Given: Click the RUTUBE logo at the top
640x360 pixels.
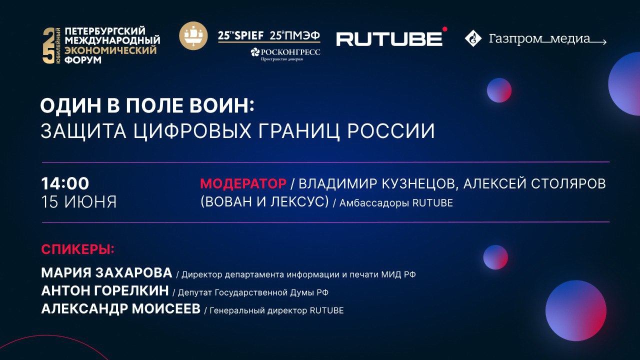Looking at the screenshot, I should click(x=389, y=38).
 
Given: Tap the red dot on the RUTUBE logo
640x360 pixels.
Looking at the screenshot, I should click(x=444, y=29).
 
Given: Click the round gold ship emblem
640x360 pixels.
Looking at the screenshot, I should click(x=193, y=36).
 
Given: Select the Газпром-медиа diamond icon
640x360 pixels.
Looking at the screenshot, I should click(x=472, y=38).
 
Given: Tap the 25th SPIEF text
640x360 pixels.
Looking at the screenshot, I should click(x=241, y=36).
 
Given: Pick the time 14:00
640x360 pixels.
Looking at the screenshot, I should click(x=65, y=183).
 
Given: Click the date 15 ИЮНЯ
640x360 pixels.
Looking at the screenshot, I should click(x=78, y=201).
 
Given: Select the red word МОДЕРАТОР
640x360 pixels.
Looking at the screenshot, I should click(x=243, y=183).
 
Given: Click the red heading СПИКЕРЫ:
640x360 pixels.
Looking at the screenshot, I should click(x=77, y=249).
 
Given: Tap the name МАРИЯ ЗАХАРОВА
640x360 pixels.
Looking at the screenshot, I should click(x=106, y=273).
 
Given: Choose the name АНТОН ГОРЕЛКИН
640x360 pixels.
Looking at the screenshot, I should click(x=104, y=291).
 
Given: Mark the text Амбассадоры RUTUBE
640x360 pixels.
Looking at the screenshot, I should click(x=396, y=203).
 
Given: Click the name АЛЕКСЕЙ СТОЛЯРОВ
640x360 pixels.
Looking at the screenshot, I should click(x=534, y=183).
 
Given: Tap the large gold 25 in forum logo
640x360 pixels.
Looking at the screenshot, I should click(x=48, y=45).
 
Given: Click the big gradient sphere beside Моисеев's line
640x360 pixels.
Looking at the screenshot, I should click(x=575, y=310).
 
